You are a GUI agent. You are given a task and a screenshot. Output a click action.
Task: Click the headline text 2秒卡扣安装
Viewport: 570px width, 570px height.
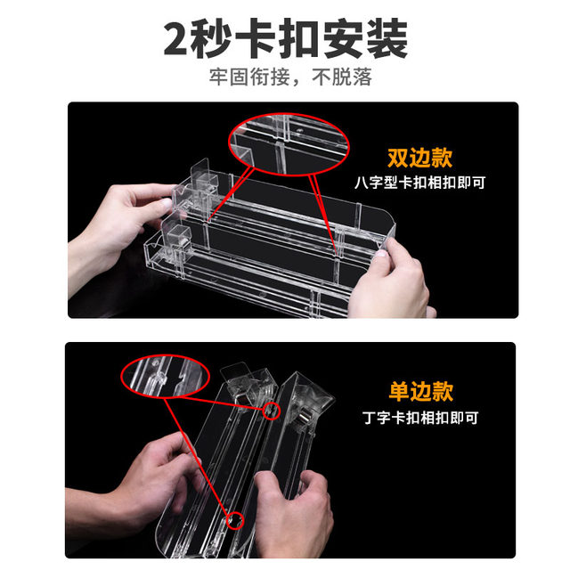tap(285, 39)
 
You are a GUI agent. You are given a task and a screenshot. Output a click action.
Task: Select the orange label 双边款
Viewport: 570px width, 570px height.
tap(419, 159)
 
